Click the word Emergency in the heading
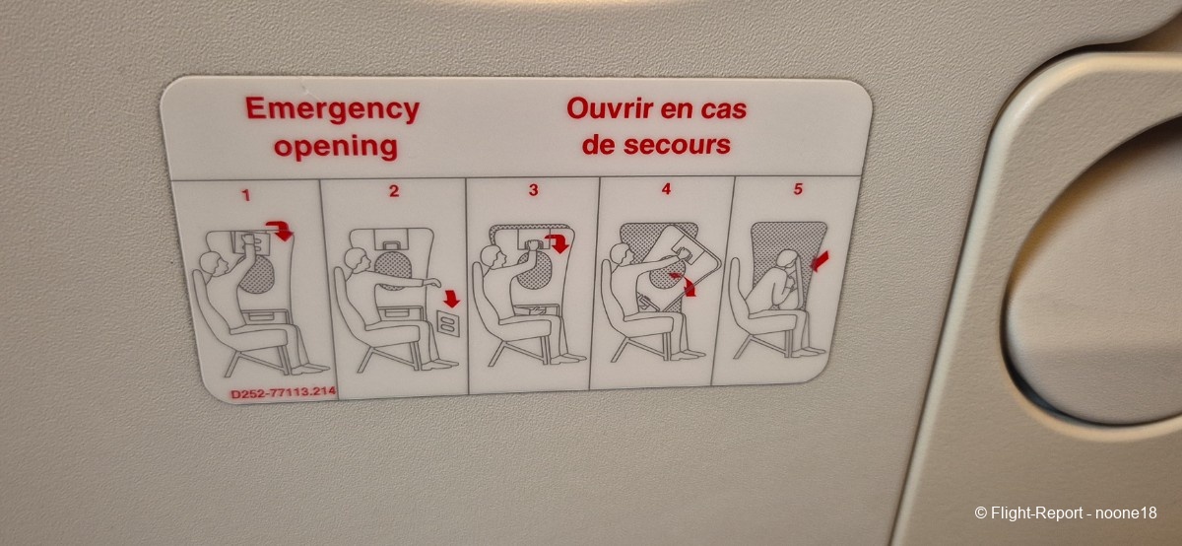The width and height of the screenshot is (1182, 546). click(333, 109)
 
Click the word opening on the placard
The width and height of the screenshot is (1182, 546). click(336, 146)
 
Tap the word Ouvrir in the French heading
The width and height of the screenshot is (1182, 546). click(609, 108)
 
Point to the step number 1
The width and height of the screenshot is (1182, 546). click(246, 195)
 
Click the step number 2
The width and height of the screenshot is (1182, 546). click(394, 191)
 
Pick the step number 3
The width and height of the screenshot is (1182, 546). click(534, 190)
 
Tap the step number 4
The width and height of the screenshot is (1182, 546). click(667, 189)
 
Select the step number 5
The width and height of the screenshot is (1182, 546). click(798, 188)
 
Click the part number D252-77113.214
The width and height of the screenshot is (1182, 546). click(284, 392)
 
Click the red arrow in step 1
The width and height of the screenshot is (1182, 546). click(280, 230)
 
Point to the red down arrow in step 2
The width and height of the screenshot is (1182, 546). click(452, 299)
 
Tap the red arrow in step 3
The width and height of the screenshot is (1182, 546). click(558, 242)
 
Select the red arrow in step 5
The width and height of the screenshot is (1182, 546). click(820, 261)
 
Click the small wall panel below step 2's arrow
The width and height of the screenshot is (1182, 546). click(448, 323)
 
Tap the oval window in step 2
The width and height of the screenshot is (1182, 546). click(394, 271)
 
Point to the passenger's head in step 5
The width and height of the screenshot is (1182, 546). click(787, 260)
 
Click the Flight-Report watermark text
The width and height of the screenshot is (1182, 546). click(1066, 512)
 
